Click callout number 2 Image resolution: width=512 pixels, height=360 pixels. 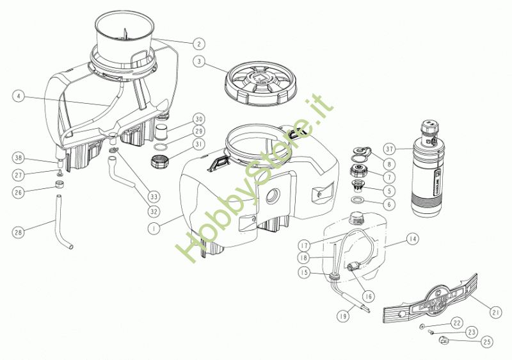coord(200,44)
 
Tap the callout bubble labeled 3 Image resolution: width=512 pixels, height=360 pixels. coord(200,63)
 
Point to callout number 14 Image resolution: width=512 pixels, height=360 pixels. coord(412,239)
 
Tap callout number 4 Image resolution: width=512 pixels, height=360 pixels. coord(19,97)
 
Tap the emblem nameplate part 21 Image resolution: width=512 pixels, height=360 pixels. coord(428,299)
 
